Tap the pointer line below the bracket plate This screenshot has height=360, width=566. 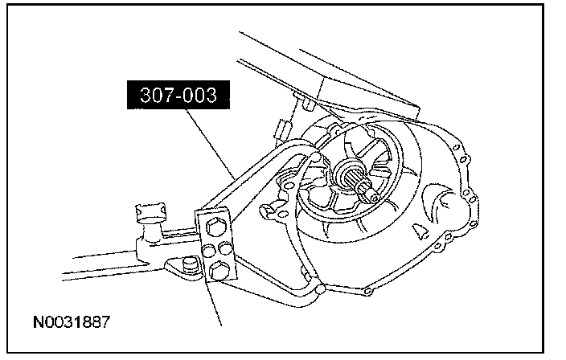point(211,305)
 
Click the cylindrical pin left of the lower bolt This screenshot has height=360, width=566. point(191,264)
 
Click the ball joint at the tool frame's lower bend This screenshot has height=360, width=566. point(322,287)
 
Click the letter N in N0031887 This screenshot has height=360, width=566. point(38,323)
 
